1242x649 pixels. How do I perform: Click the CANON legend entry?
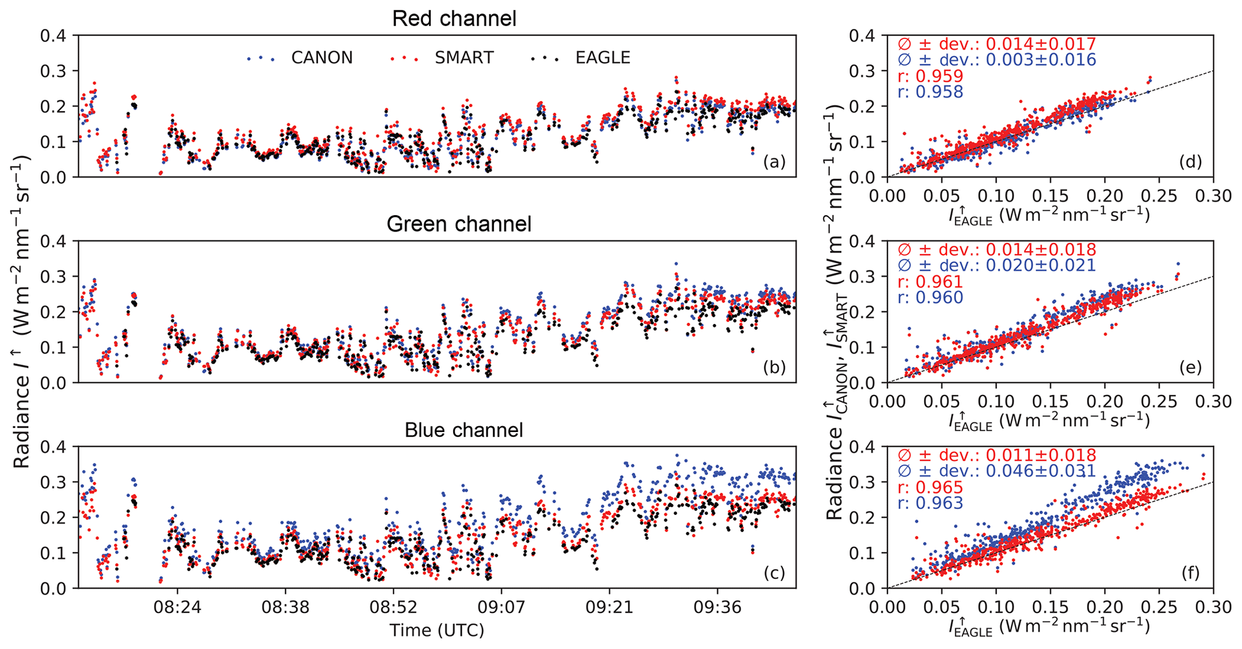click(x=321, y=58)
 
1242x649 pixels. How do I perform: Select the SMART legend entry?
click(x=464, y=58)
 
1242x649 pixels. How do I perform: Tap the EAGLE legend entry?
click(x=603, y=58)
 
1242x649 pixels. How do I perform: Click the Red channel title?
click(x=454, y=19)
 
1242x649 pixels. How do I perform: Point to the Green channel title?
click(x=458, y=224)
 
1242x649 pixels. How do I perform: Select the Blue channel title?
click(x=463, y=430)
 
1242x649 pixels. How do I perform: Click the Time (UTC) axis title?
click(x=437, y=630)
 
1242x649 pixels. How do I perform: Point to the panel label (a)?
click(x=774, y=162)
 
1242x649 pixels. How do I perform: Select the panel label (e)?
click(x=1190, y=367)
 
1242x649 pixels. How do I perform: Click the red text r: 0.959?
click(x=930, y=76)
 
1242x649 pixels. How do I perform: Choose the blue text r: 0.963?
click(x=930, y=503)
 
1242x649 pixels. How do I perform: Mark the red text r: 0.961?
click(x=930, y=282)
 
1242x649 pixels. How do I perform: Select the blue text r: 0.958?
click(x=930, y=92)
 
